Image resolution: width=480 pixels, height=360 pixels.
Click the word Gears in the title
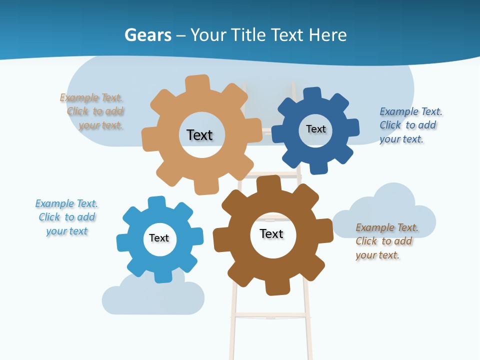point(147,35)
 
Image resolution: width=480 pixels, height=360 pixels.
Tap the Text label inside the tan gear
point(199,135)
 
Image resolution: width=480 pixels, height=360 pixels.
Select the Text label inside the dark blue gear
point(315,129)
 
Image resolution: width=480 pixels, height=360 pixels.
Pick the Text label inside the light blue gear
point(159,238)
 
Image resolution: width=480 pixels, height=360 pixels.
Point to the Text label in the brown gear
point(271,233)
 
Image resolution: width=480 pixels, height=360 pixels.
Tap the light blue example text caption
point(67,217)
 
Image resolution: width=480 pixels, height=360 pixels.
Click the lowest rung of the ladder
point(270,315)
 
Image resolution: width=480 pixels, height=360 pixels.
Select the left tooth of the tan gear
point(149,138)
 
